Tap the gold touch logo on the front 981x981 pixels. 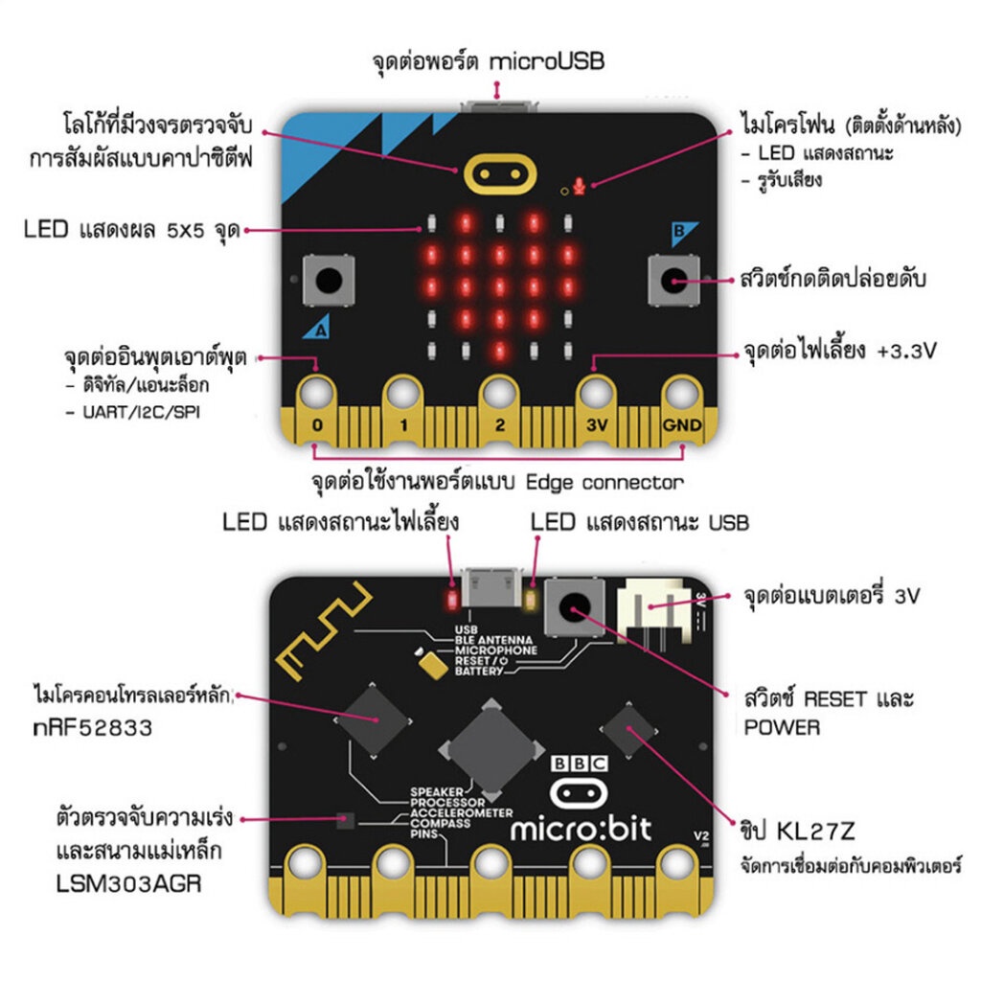tap(498, 172)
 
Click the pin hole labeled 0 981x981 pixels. tap(317, 393)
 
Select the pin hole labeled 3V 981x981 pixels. tap(594, 393)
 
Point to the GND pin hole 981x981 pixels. tap(682, 393)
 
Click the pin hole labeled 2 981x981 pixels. tap(499, 393)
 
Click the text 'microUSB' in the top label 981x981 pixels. tap(546, 62)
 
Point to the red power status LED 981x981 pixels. tap(451, 601)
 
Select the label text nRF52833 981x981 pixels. tap(92, 727)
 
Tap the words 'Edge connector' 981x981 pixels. tap(605, 481)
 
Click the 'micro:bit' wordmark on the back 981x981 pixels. tap(581, 828)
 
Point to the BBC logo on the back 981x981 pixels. tap(580, 764)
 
